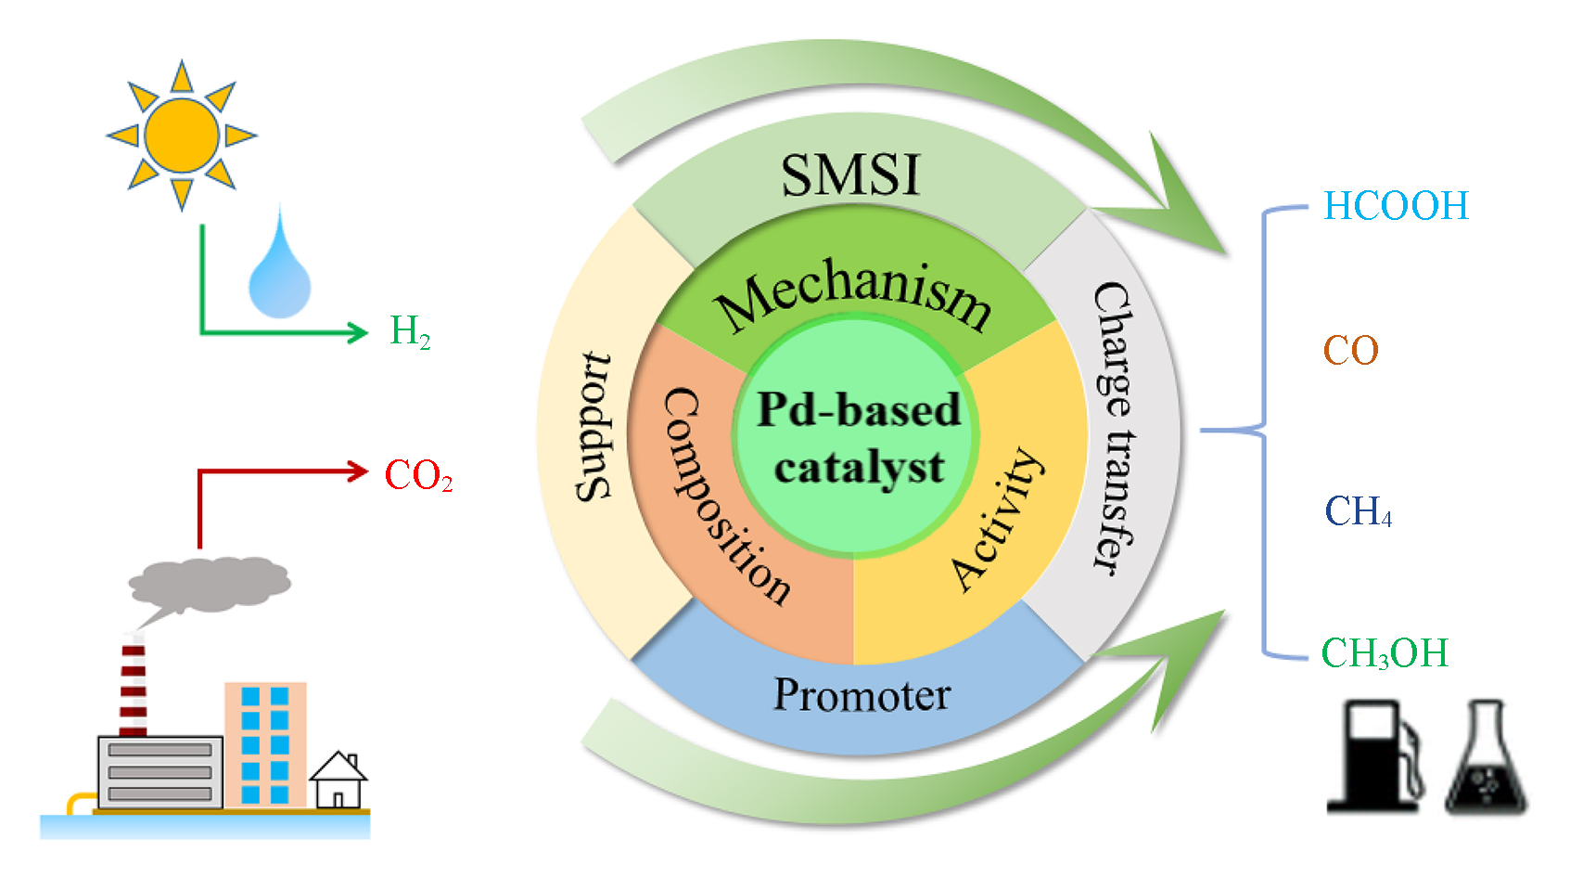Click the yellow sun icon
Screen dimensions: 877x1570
tap(182, 135)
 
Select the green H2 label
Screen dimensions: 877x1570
tap(410, 331)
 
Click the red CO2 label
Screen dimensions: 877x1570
tap(418, 475)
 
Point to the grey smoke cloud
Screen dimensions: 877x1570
tap(210, 582)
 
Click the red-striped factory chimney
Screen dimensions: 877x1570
tap(134, 687)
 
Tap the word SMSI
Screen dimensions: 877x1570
tap(850, 174)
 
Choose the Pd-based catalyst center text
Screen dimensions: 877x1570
tap(858, 438)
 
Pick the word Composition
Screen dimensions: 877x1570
tap(724, 497)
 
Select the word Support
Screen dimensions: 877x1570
tap(594, 427)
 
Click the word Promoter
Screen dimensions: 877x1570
tap(862, 694)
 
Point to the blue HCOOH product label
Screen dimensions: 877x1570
tap(1396, 206)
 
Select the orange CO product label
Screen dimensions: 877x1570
tap(1350, 351)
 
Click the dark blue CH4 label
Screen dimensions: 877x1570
tap(1358, 511)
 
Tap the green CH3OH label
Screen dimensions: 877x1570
tap(1385, 653)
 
